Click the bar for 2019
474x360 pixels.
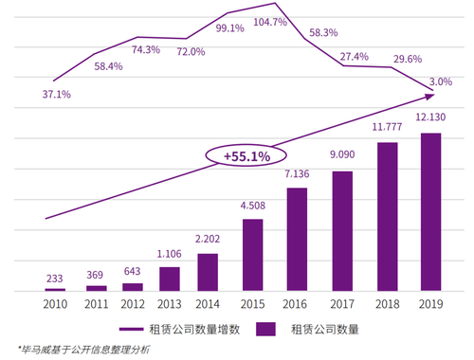(x=430, y=212)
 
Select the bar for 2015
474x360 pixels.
(x=253, y=255)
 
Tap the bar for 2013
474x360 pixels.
(x=170, y=279)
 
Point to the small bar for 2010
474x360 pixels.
(x=55, y=290)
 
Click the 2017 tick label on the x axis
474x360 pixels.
(x=342, y=304)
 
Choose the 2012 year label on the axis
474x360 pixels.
(x=133, y=304)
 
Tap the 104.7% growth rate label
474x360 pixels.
(x=270, y=22)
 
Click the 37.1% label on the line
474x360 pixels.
(x=57, y=94)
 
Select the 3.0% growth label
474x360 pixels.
(x=441, y=81)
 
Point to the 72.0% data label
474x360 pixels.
(x=191, y=51)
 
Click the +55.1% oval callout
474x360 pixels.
(x=246, y=155)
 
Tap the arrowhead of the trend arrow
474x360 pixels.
(x=429, y=96)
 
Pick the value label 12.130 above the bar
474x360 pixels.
(x=430, y=117)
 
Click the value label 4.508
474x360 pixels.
(x=253, y=206)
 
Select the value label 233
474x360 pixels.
(x=55, y=279)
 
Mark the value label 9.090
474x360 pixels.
(x=342, y=154)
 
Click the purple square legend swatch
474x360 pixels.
(x=265, y=329)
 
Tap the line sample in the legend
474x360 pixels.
(x=131, y=329)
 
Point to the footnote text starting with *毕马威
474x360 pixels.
(x=83, y=350)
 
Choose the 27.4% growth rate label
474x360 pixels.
(x=355, y=57)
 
